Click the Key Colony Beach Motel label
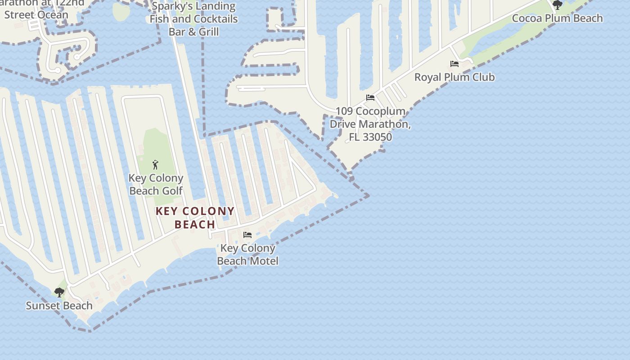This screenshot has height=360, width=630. [x=247, y=255]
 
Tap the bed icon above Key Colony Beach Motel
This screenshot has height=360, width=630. [x=247, y=235]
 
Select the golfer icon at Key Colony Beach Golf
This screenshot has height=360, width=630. [x=156, y=165]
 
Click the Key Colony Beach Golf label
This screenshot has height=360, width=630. [x=156, y=184]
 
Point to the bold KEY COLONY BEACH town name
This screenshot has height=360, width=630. [x=195, y=218]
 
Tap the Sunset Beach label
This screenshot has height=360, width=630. [x=59, y=306]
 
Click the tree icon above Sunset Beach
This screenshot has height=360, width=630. [x=59, y=292]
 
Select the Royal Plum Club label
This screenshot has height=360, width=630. [x=454, y=77]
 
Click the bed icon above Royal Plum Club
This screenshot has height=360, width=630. [x=454, y=64]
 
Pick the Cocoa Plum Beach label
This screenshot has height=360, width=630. [x=558, y=18]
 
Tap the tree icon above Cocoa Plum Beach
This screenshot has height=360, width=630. [x=558, y=5]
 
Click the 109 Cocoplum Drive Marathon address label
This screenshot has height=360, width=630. [x=370, y=124]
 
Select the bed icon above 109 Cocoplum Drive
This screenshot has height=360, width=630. [x=370, y=98]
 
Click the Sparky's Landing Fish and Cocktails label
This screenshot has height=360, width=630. [x=193, y=19]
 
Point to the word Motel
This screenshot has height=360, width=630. [x=263, y=261]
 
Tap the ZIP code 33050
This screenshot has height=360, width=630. [x=378, y=137]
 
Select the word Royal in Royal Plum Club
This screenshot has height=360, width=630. [x=427, y=77]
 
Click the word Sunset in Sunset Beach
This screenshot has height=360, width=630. [x=44, y=306]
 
